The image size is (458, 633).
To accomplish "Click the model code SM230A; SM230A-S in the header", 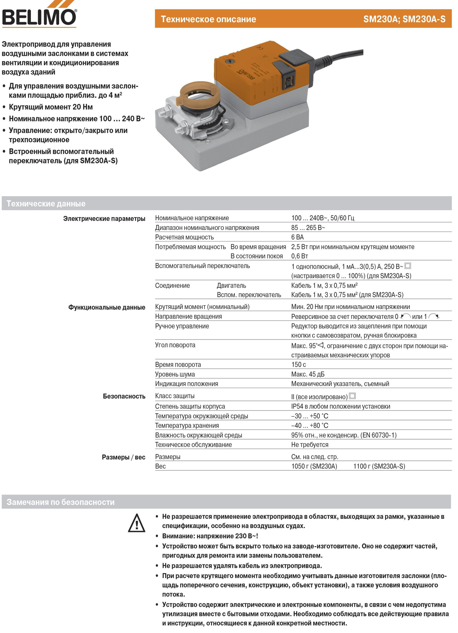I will pos(404,19).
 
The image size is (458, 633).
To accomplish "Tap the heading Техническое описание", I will pos(208,19).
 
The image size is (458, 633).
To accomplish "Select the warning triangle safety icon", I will pos(136,523).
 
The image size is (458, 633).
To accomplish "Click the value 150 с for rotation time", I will pos(298,364).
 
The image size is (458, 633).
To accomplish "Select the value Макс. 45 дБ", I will pos(308,374).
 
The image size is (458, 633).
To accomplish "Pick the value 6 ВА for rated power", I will pos(297,237).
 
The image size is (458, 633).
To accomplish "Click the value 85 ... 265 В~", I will pos(308,227).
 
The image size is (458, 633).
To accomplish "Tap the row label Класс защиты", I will pos(174,396).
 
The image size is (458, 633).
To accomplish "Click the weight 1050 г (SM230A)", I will pos(314,466).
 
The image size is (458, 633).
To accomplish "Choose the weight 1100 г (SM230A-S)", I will pos(379,466).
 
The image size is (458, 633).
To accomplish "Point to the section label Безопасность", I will pos(124,396).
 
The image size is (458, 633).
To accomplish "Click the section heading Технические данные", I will pos(46,204).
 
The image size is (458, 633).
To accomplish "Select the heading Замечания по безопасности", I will pos(60,502).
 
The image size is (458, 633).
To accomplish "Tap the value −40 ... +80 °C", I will pos(310,425).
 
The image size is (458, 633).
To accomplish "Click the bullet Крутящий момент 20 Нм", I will pos(51,107).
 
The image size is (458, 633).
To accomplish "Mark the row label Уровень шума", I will pos(175,374).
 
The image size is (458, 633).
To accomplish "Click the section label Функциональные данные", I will pos(106,308).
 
